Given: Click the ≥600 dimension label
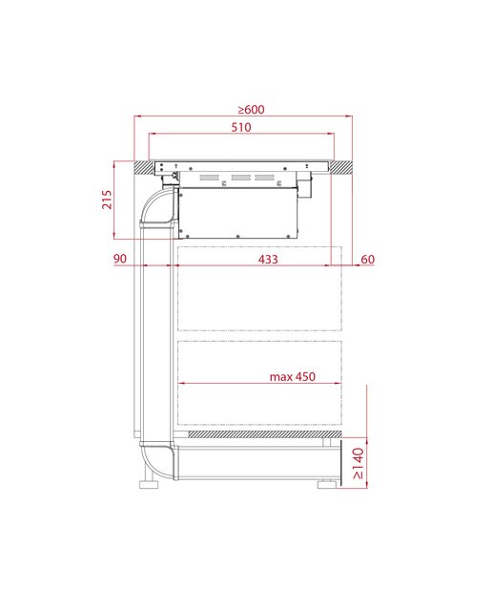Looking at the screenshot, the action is pos(251,110).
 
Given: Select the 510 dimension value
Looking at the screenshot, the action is pos(241,127).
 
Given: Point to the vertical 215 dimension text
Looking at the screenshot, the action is pos(107,200).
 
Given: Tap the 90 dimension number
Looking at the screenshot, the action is pos(120,259).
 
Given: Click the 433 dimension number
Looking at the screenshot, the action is pos(268,259).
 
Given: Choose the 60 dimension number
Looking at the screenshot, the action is pos(368,259).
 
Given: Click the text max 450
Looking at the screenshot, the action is pos(293,377).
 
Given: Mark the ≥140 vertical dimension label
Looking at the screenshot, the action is pos(359,463).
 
